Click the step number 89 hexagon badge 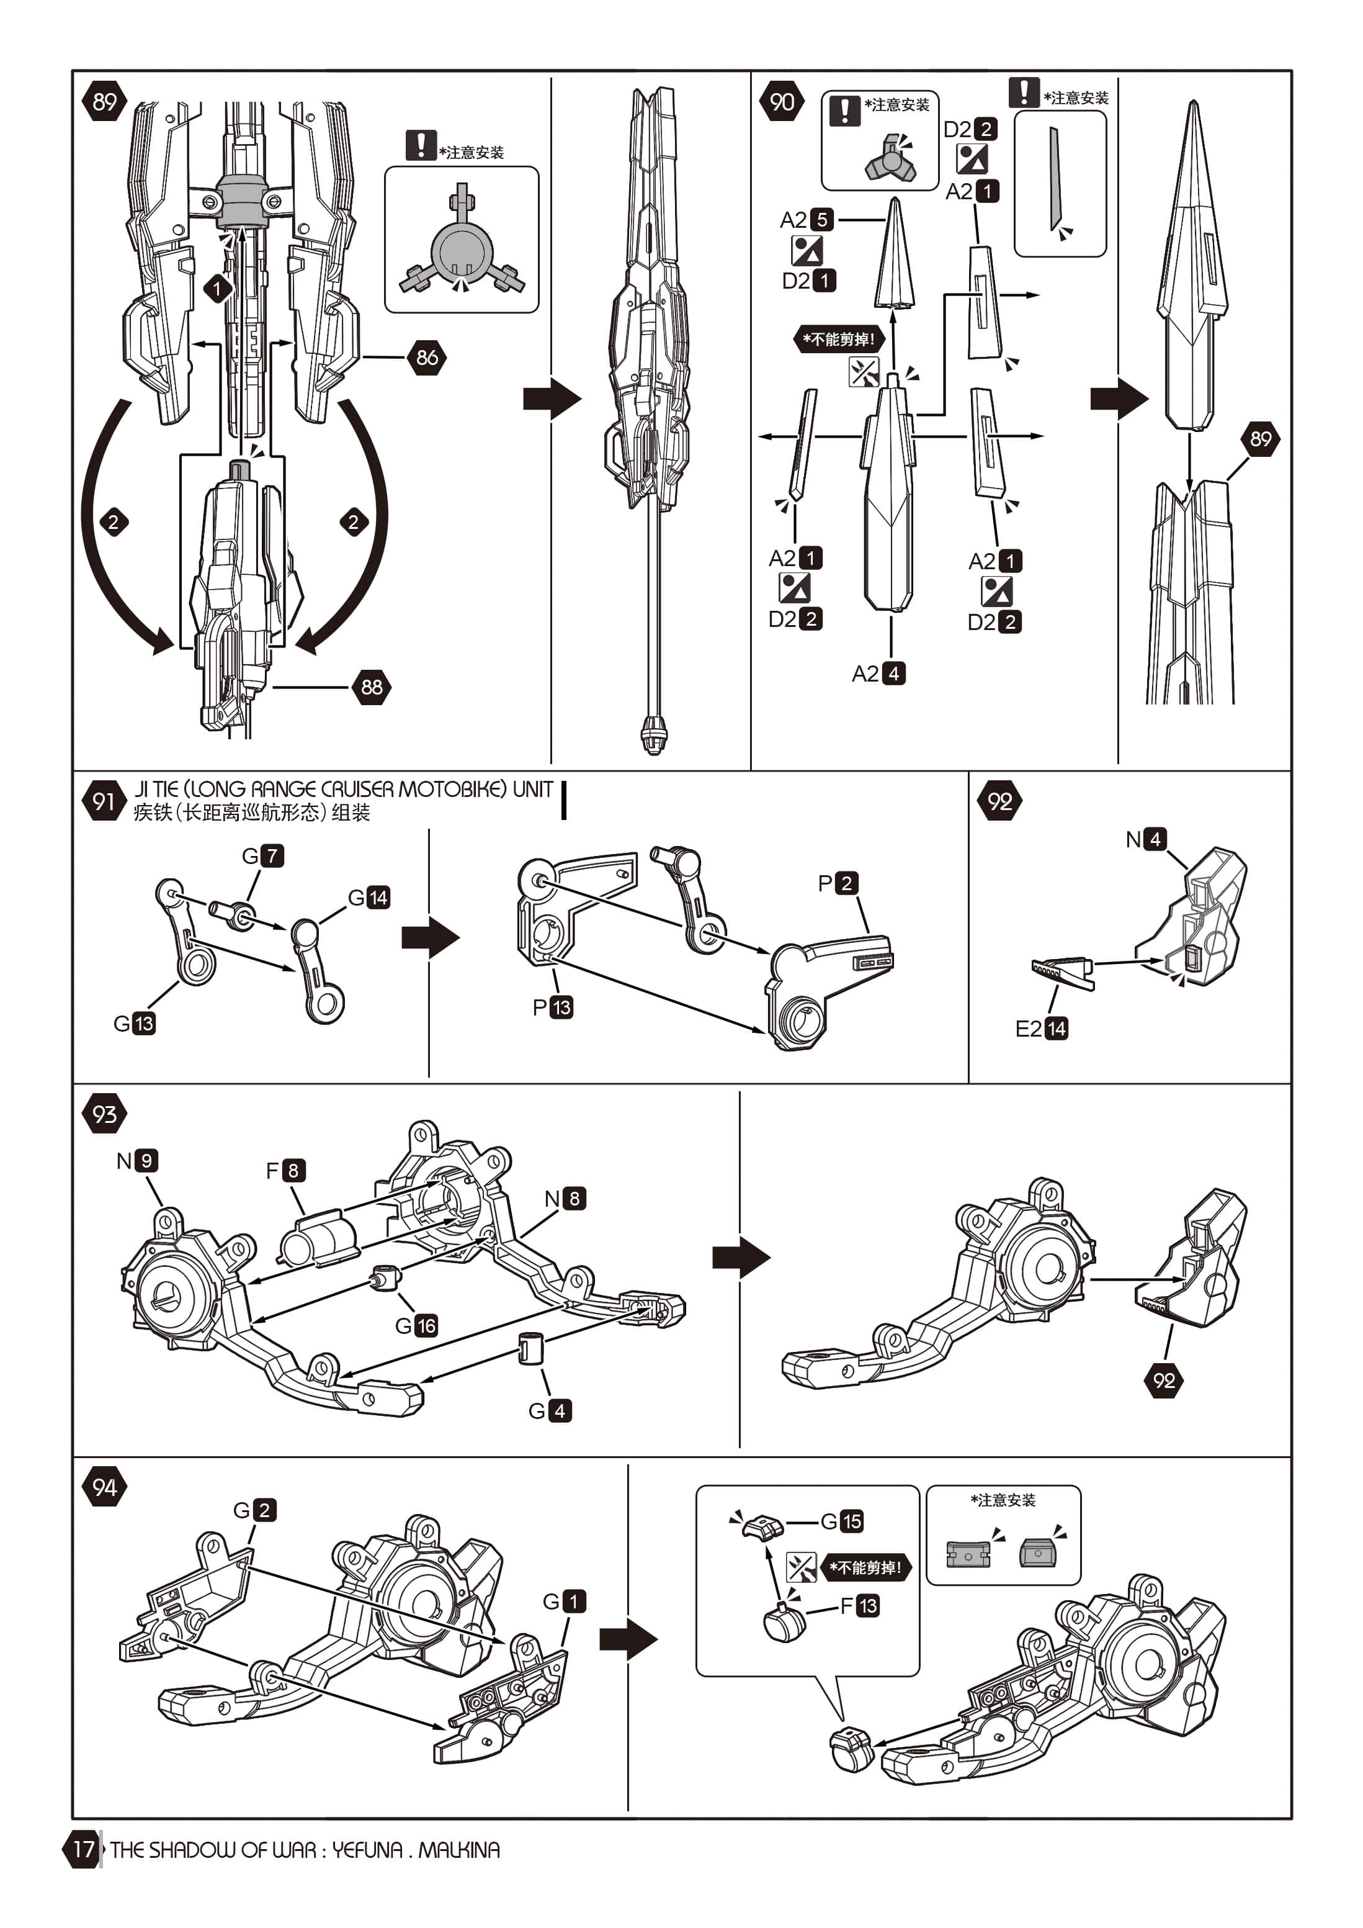pyautogui.click(x=104, y=102)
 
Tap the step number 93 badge pyautogui.click(x=104, y=1114)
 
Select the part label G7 pyautogui.click(x=262, y=855)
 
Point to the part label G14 pyautogui.click(x=369, y=898)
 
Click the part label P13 pyautogui.click(x=552, y=1007)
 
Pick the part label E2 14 pyautogui.click(x=1042, y=1029)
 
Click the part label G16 pyautogui.click(x=416, y=1326)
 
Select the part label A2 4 pyautogui.click(x=878, y=673)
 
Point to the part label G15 pyautogui.click(x=842, y=1521)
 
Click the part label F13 pyautogui.click(x=859, y=1606)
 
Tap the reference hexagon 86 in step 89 pyautogui.click(x=426, y=358)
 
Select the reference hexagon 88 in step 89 pyautogui.click(x=371, y=687)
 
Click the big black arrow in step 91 pyautogui.click(x=430, y=937)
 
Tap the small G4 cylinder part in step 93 pyautogui.click(x=530, y=1348)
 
